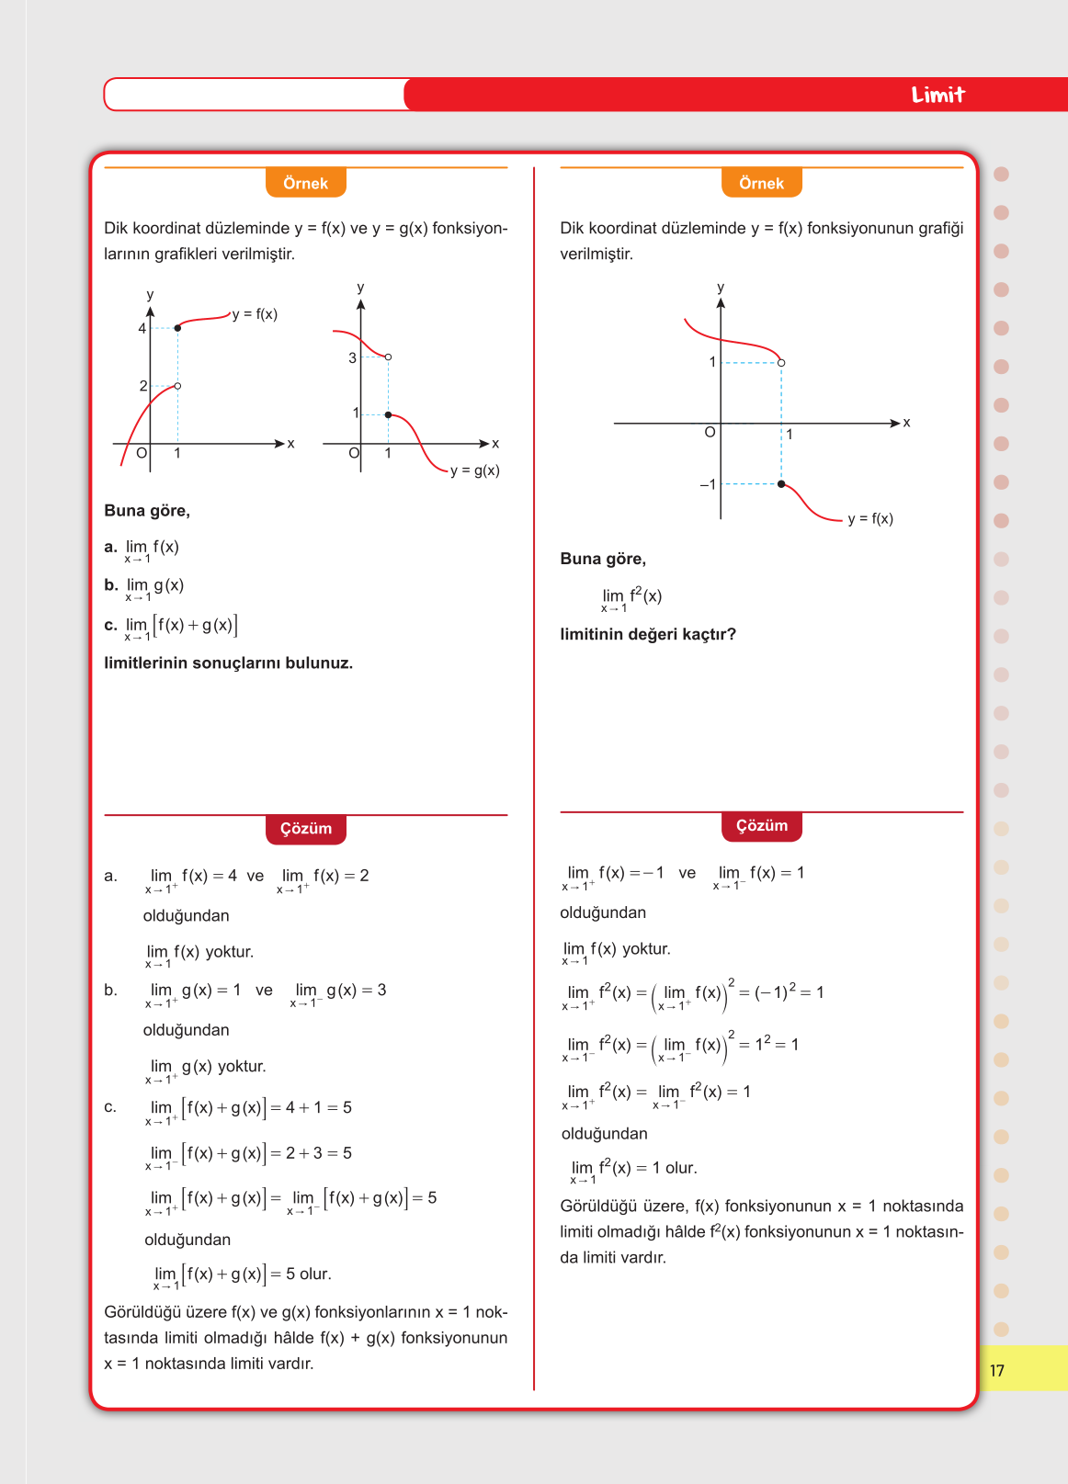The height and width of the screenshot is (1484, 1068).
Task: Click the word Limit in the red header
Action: pos(937,95)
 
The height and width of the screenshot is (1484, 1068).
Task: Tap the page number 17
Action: pos(997,1370)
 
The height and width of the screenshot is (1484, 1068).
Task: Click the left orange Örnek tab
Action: pos(305,183)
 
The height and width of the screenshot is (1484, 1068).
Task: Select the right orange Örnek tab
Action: pos(761,183)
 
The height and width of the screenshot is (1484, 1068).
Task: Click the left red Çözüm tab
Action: pos(305,828)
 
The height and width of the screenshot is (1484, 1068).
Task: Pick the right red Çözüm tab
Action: pos(761,825)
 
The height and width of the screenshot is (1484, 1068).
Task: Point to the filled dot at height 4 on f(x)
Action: pos(177,328)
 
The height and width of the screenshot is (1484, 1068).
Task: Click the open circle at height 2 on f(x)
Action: pos(177,386)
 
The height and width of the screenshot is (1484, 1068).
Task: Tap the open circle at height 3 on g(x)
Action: pos(388,357)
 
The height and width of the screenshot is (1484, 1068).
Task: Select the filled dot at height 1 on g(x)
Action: pos(388,415)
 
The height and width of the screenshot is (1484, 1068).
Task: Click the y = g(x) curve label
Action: pos(474,470)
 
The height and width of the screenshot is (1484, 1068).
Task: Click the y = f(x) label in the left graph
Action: pos(255,314)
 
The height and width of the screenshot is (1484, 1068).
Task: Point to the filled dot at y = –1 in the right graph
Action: pos(781,483)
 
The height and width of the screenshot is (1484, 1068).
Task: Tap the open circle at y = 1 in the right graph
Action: pos(781,363)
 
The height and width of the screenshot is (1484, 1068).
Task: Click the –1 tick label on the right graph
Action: pos(707,484)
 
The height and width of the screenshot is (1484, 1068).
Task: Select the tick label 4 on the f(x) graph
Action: pos(142,328)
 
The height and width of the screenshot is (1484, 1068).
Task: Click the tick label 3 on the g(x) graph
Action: pos(352,357)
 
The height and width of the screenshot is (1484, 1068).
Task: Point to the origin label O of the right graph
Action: pos(710,432)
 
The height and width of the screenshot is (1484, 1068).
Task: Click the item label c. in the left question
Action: pos(110,625)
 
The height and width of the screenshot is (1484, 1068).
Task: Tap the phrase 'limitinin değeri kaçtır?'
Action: pos(648,634)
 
